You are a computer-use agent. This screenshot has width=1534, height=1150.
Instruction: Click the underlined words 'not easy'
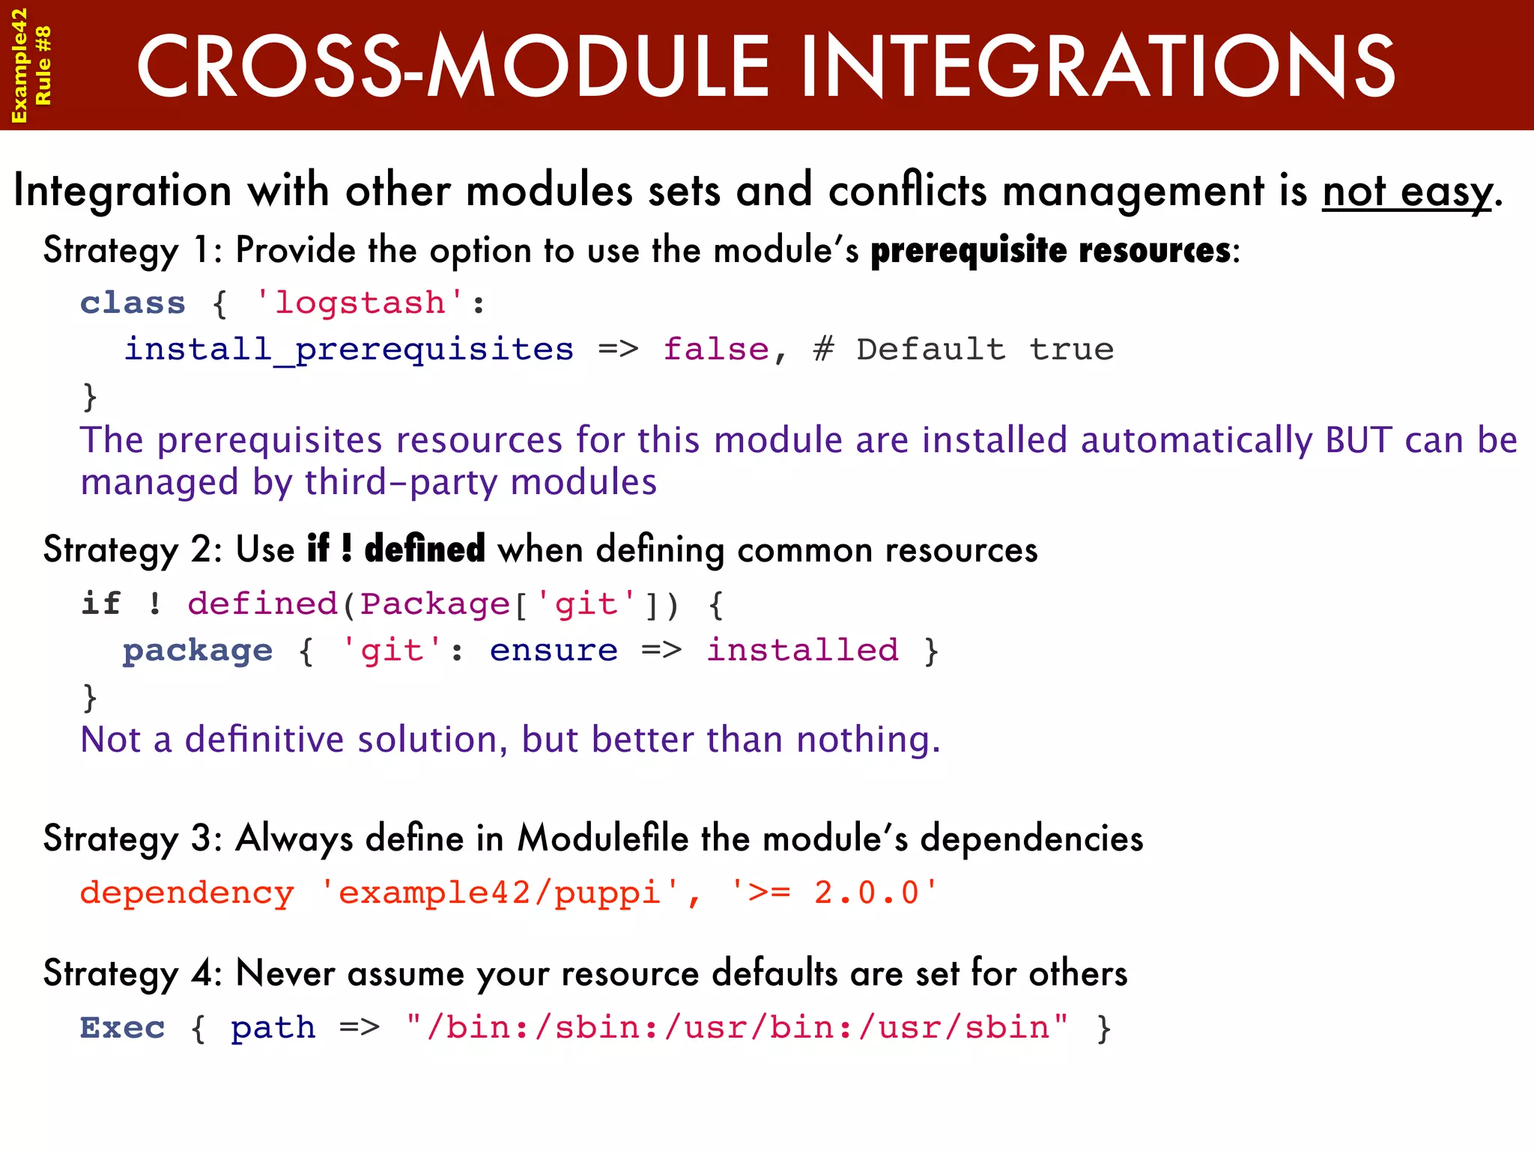(x=1407, y=192)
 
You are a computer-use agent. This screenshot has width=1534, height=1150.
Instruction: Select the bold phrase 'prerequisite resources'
(x=1050, y=251)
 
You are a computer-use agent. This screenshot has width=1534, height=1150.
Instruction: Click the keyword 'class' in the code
(x=133, y=303)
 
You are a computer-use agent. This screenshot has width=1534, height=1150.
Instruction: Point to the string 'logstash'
(x=360, y=303)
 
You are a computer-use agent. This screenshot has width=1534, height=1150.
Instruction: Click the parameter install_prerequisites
(x=349, y=350)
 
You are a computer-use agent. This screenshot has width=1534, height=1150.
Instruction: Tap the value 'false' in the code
(x=716, y=350)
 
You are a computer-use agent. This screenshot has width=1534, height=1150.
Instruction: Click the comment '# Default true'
(x=963, y=350)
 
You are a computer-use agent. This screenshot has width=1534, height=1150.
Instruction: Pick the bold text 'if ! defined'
(x=396, y=549)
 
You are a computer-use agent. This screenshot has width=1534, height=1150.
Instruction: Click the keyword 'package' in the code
(x=198, y=651)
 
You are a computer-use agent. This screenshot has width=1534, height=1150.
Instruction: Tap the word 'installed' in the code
(x=802, y=650)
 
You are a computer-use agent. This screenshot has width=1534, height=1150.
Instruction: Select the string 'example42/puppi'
(x=500, y=892)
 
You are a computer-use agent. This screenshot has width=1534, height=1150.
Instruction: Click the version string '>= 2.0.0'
(x=834, y=892)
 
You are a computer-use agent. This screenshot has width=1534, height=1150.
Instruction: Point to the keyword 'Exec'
(x=122, y=1028)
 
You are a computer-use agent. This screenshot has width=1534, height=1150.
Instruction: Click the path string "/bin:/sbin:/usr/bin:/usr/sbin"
(x=738, y=1027)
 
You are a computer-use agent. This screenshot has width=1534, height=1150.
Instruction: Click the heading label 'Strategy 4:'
(x=133, y=974)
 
